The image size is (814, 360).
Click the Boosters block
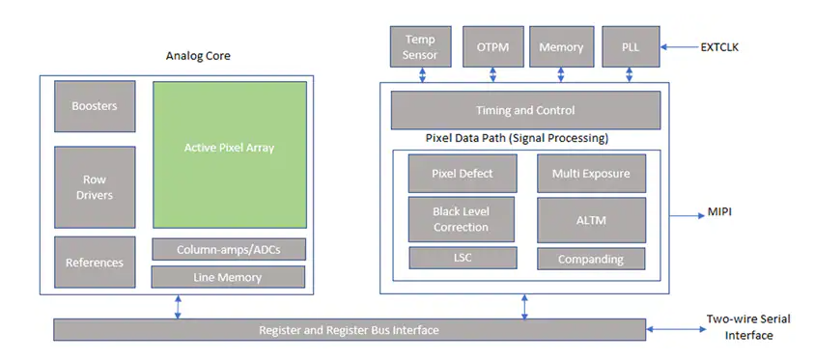(95, 106)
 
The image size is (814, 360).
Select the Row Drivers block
(95, 187)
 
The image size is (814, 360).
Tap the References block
(95, 263)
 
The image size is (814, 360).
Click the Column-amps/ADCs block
(229, 250)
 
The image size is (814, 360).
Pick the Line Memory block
(227, 277)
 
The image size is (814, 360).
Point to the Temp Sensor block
(420, 46)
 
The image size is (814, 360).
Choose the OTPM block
(492, 46)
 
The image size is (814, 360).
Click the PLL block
(631, 46)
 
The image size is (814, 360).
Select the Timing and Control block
(525, 110)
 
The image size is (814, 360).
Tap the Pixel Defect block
(463, 174)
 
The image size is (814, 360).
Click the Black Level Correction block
(461, 219)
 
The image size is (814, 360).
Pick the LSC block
(463, 258)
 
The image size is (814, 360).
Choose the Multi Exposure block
(591, 174)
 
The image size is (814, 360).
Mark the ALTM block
(591, 220)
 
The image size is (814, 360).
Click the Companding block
(591, 259)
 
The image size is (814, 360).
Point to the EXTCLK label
(719, 47)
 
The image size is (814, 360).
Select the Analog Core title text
(198, 56)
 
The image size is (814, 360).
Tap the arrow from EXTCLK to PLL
(678, 47)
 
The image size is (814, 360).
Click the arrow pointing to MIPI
(686, 215)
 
